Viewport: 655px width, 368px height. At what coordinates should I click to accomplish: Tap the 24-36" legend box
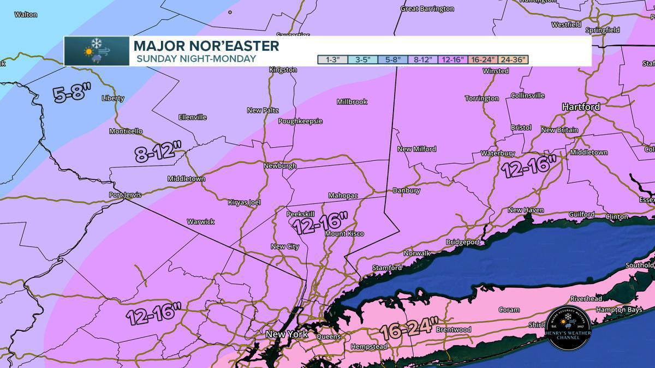513,59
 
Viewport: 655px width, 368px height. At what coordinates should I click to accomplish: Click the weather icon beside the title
97,51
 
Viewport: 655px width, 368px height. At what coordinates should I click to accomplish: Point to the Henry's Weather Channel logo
568,330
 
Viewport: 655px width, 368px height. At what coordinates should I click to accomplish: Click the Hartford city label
581,107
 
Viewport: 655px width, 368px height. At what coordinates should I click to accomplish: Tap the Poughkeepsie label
301,121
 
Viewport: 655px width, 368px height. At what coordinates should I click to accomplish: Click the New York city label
287,334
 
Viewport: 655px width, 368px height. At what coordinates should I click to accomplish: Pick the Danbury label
407,190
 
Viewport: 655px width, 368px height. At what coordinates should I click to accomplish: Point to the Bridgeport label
463,242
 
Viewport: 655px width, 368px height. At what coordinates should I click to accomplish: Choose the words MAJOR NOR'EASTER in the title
206,46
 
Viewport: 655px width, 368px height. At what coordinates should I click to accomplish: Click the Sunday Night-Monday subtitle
195,59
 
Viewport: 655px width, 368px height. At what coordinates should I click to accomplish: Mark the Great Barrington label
427,9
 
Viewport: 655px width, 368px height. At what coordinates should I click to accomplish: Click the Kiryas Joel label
245,202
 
